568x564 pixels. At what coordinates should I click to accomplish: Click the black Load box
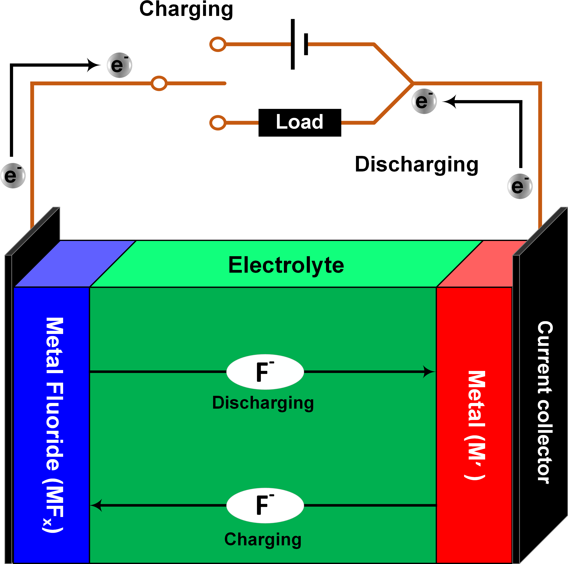click(300, 123)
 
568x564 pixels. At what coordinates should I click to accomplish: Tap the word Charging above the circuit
click(186, 9)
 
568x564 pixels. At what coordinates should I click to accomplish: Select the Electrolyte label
click(286, 265)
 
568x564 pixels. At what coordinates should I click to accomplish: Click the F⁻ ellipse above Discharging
click(265, 372)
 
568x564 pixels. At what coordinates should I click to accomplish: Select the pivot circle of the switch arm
click(159, 83)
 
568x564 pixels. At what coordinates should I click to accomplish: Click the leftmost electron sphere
click(13, 175)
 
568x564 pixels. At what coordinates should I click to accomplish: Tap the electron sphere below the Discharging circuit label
click(520, 186)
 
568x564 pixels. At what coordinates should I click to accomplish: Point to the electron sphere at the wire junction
click(424, 101)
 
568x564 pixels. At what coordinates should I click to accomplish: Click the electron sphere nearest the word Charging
click(119, 65)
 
